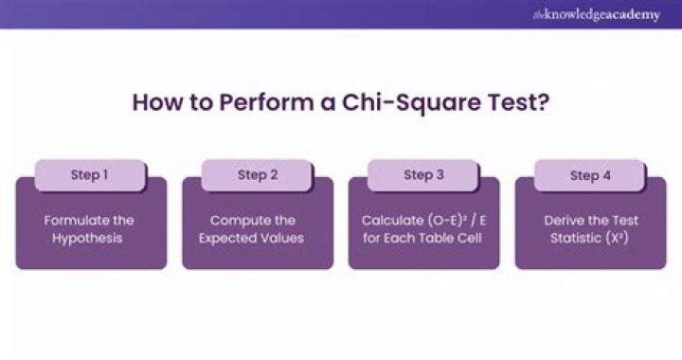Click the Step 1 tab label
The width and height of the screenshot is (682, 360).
click(91, 175)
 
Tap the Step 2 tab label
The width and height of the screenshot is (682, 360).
click(258, 175)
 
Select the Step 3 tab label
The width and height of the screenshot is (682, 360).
click(424, 175)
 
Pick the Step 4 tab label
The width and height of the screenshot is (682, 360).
click(591, 175)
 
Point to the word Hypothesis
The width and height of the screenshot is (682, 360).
click(91, 238)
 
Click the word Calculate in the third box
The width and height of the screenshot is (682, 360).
click(391, 220)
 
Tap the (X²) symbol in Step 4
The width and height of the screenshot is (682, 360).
click(620, 238)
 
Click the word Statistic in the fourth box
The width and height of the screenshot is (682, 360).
click(579, 238)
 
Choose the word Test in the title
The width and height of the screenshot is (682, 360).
click(515, 102)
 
